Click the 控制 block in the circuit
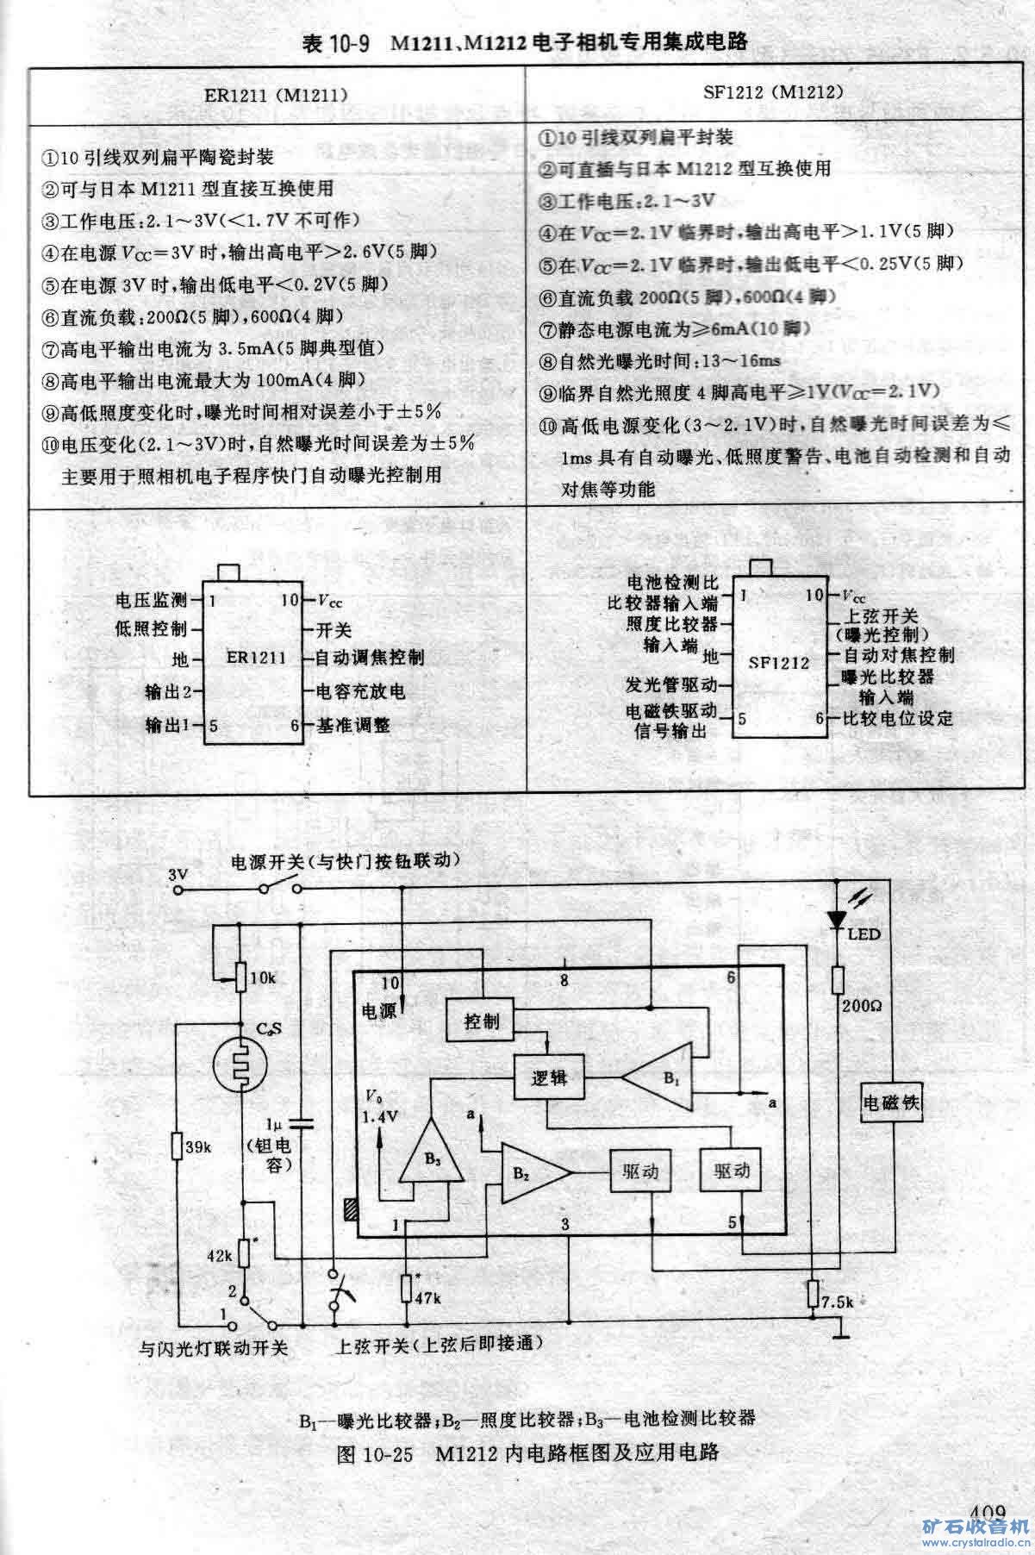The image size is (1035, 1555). pyautogui.click(x=480, y=1021)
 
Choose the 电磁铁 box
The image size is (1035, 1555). pyautogui.click(x=892, y=1103)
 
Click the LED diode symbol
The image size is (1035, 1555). pyautogui.click(x=835, y=919)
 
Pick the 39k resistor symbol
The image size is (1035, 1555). pyautogui.click(x=177, y=1146)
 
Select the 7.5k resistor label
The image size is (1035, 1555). pyautogui.click(x=837, y=1302)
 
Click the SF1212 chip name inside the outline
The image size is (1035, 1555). pyautogui.click(x=779, y=663)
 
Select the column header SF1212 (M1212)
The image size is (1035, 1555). pyautogui.click(x=773, y=91)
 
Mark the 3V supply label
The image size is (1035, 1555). pyautogui.click(x=178, y=873)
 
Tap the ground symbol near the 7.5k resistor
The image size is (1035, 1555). pyautogui.click(x=836, y=1337)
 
